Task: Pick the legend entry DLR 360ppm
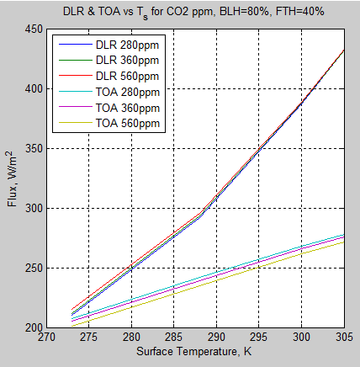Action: coord(128,61)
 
